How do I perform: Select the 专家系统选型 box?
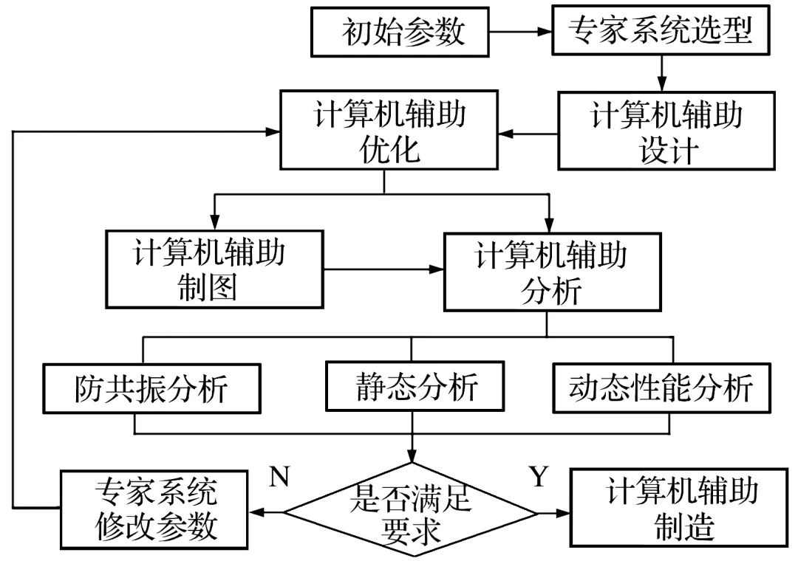tap(659, 32)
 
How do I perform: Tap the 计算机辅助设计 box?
tap(666, 131)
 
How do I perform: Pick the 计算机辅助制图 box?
tap(215, 269)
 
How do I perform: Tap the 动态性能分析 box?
tap(661, 388)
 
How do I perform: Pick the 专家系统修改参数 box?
tap(156, 509)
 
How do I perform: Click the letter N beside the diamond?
tap(279, 478)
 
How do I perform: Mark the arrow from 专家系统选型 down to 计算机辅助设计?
tap(663, 73)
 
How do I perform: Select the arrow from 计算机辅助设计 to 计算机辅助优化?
tap(528, 134)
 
